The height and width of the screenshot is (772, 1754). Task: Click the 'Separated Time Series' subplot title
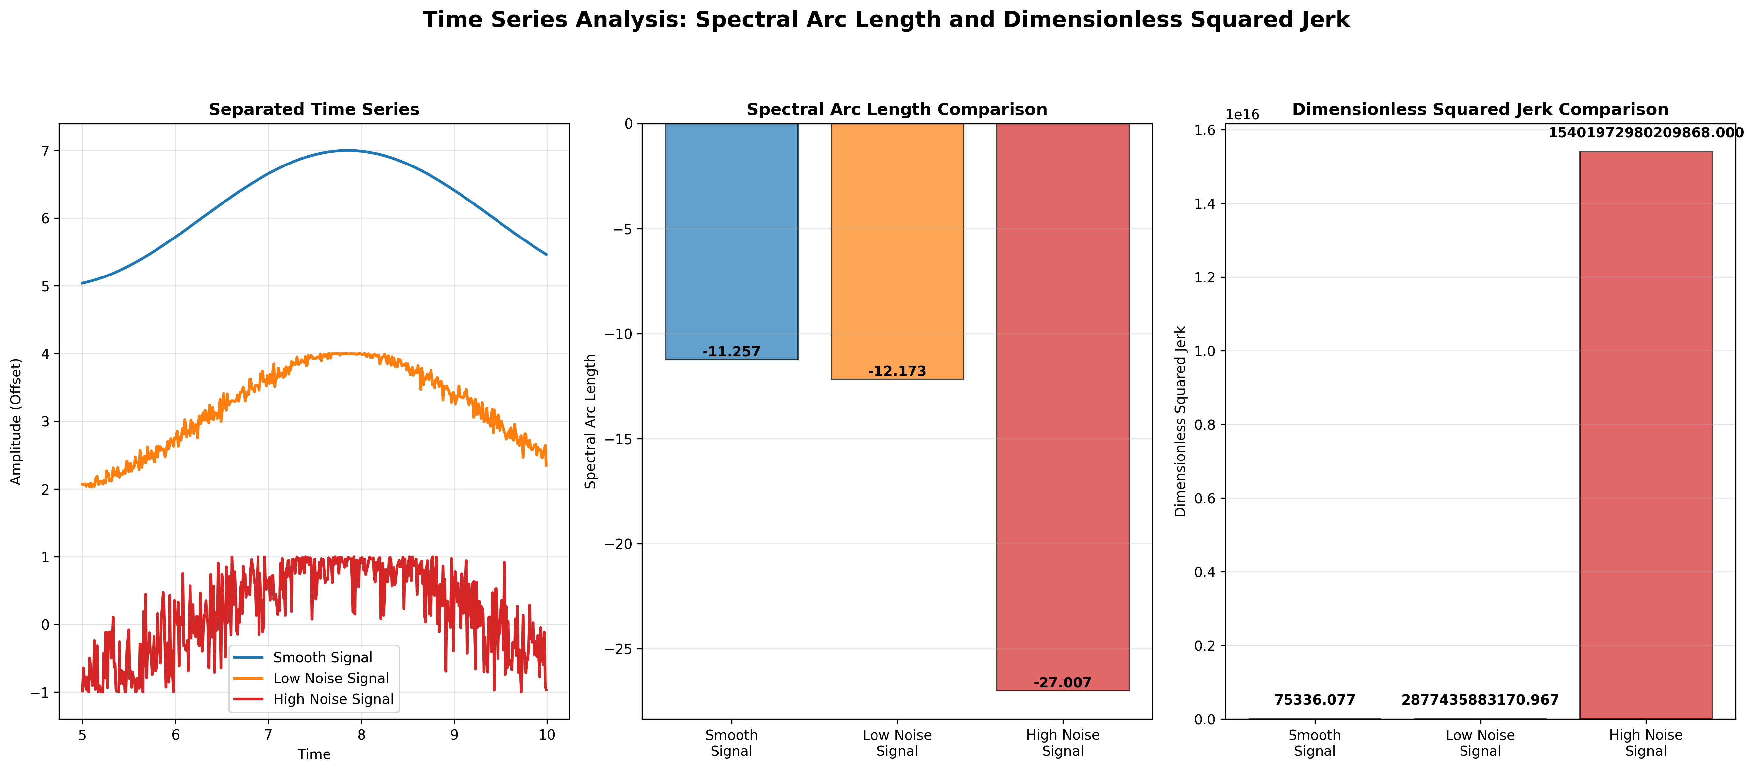click(314, 110)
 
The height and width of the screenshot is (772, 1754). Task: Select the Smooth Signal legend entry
click(322, 657)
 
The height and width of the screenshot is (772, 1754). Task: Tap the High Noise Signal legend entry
click(333, 699)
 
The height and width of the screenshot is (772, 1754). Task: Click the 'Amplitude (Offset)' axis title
click(17, 421)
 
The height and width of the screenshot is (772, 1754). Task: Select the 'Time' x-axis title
click(314, 754)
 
